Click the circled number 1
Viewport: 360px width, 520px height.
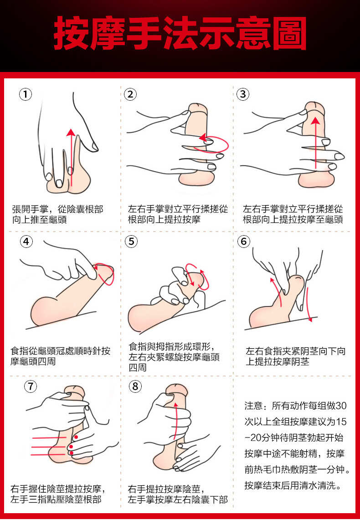26,94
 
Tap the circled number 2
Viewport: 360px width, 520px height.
130,94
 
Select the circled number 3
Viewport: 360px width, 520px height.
243,94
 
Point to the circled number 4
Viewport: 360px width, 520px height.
26,241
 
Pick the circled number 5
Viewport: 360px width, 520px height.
132,241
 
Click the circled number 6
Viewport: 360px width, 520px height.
244,241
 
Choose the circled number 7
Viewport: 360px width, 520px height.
31,386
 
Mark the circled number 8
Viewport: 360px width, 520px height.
135,386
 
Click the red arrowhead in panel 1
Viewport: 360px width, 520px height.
70,133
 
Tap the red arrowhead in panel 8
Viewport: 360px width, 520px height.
176,404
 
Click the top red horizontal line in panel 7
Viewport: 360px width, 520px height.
49,438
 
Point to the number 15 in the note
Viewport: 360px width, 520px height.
341,422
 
